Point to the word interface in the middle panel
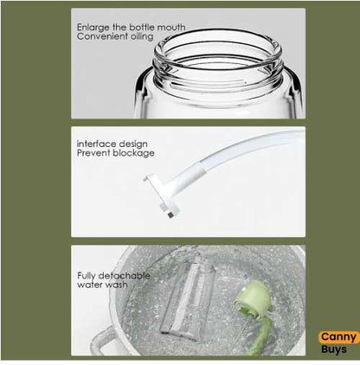[93, 144]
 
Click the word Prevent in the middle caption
[91, 153]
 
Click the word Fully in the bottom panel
[85, 274]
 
